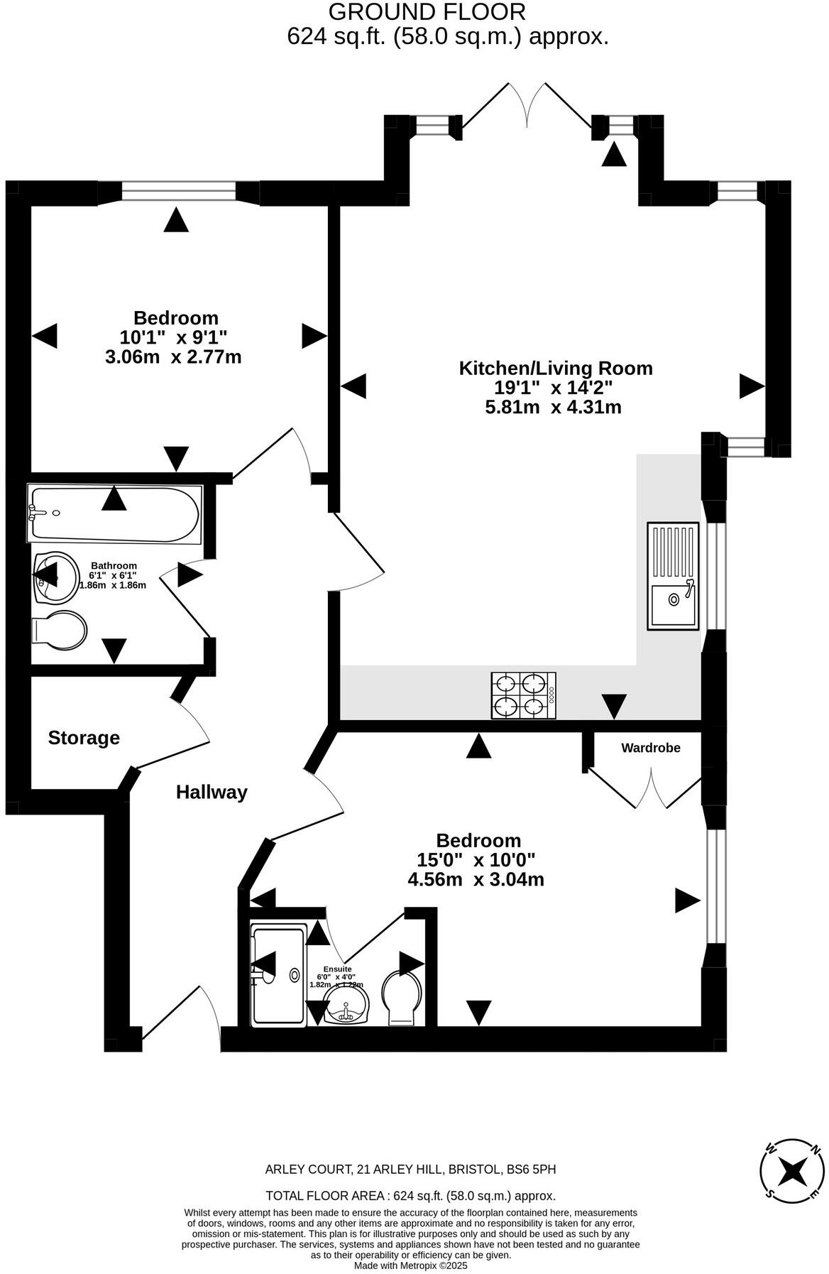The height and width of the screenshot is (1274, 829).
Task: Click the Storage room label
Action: click(x=84, y=738)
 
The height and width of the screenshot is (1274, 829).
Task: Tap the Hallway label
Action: click(x=212, y=792)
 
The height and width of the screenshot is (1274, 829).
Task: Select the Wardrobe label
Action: click(x=650, y=748)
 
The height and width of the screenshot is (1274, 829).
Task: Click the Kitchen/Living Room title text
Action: click(x=556, y=368)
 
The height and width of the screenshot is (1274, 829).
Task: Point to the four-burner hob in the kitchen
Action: click(x=524, y=695)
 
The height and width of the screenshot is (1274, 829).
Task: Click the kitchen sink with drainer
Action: click(x=672, y=576)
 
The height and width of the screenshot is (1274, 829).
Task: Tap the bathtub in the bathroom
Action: click(x=115, y=513)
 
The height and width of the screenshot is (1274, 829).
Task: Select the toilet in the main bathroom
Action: click(x=60, y=629)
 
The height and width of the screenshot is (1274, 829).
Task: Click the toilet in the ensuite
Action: click(x=402, y=998)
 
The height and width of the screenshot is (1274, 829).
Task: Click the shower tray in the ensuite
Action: click(x=278, y=975)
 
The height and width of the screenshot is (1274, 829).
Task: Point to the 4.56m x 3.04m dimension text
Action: click(x=476, y=879)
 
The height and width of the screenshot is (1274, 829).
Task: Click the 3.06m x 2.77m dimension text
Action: click(x=173, y=356)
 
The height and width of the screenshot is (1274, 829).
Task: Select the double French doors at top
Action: click(x=527, y=105)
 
